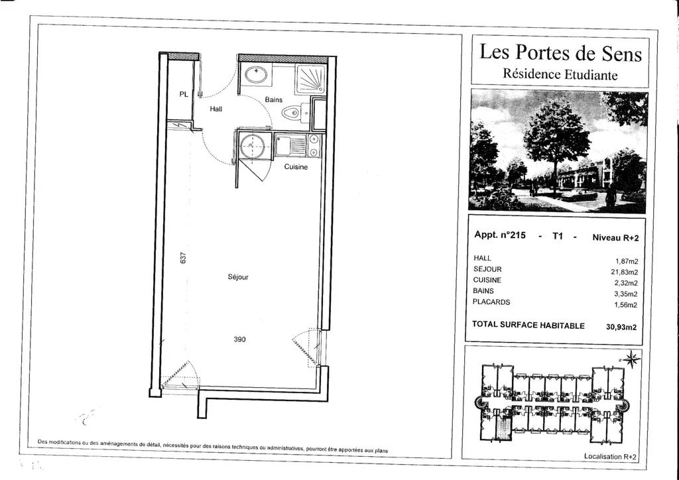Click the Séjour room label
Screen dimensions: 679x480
pyautogui.click(x=238, y=277)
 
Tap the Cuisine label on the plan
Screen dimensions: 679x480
pyautogui.click(x=296, y=167)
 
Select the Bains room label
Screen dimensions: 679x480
pyautogui.click(x=274, y=99)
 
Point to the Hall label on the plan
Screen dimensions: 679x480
pyautogui.click(x=216, y=109)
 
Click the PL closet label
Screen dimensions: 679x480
pyautogui.click(x=184, y=94)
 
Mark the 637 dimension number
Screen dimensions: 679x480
pyautogui.click(x=183, y=259)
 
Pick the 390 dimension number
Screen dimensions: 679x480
pyautogui.click(x=239, y=339)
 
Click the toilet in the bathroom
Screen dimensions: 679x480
pyautogui.click(x=293, y=113)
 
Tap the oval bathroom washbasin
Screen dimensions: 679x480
pyautogui.click(x=257, y=74)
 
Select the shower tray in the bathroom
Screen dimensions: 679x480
pyautogui.click(x=310, y=80)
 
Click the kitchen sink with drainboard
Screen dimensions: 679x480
pyautogui.click(x=290, y=145)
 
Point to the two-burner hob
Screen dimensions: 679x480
pyautogui.click(x=314, y=145)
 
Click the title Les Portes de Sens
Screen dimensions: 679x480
pyautogui.click(x=560, y=53)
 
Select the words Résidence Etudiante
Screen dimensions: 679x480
pyautogui.click(x=560, y=74)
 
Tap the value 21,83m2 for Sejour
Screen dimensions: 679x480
pyautogui.click(x=624, y=272)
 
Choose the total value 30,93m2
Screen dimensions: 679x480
pyautogui.click(x=621, y=328)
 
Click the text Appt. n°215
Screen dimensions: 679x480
pyautogui.click(x=500, y=235)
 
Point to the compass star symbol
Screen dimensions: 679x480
pyautogui.click(x=632, y=359)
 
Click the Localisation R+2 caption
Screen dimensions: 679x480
pyautogui.click(x=610, y=457)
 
